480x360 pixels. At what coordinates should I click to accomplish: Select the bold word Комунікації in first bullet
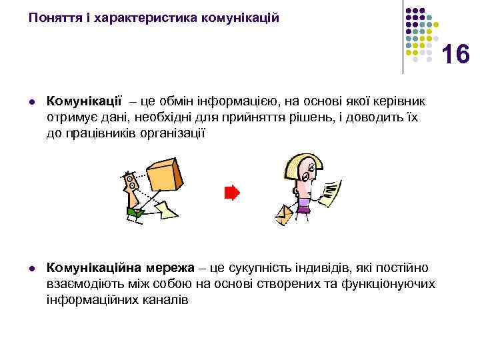coord(84,101)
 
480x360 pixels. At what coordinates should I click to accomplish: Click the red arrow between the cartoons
coord(231,193)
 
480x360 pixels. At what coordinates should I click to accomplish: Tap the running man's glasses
coord(129,180)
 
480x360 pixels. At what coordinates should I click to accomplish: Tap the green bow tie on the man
coord(136,213)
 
